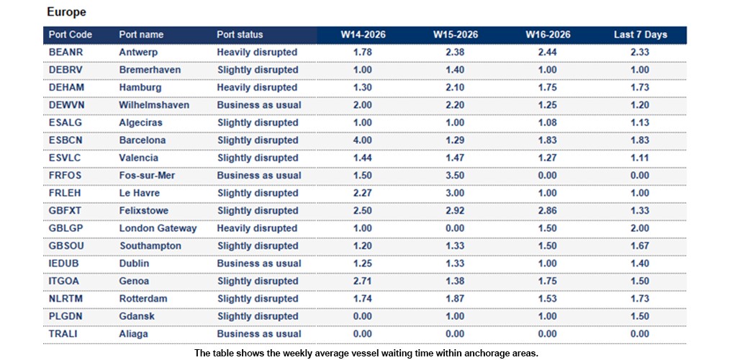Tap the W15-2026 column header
click(x=456, y=35)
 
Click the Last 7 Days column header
click(x=640, y=35)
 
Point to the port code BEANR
click(x=65, y=53)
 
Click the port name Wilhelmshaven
click(x=154, y=105)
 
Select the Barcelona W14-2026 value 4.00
click(x=363, y=140)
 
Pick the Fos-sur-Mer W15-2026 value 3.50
click(x=456, y=176)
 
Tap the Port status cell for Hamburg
click(x=257, y=88)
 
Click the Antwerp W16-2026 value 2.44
click(x=548, y=53)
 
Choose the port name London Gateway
click(x=158, y=228)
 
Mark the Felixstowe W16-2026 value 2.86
click(x=548, y=211)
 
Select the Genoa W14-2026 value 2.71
click(x=363, y=282)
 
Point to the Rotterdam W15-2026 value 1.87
click(x=456, y=299)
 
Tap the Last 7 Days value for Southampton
click(x=640, y=246)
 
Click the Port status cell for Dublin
click(x=259, y=264)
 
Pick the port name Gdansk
click(x=137, y=317)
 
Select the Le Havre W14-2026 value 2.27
click(x=363, y=193)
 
